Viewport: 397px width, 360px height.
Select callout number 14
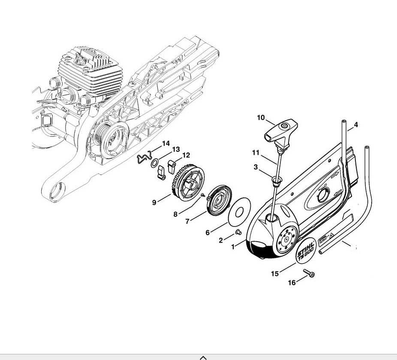tap(165, 143)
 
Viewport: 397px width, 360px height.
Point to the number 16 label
tap(292, 283)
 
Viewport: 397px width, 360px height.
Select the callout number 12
tap(186, 155)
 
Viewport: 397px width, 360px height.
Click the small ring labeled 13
tap(154, 164)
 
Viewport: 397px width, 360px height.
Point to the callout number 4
tap(356, 125)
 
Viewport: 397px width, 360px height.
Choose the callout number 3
tap(256, 167)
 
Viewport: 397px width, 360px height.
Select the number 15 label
tap(275, 273)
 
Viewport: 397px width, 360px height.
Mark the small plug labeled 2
tap(239, 233)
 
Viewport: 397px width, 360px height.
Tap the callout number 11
tap(256, 152)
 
